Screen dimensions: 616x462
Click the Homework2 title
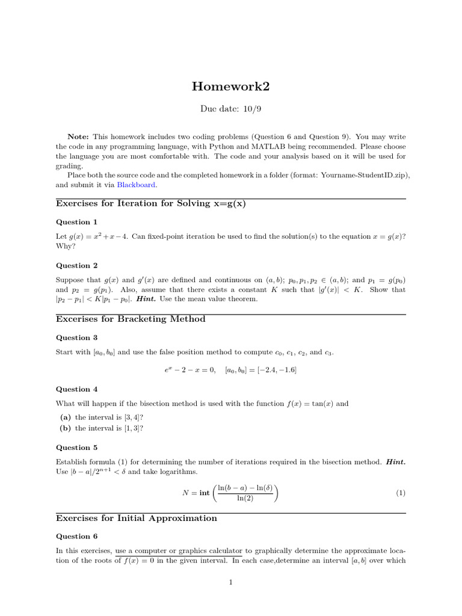coord(230,87)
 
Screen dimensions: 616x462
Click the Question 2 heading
coord(76,265)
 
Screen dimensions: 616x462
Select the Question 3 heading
coord(76,337)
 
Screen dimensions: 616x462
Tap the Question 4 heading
coord(76,389)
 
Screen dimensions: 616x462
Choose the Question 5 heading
coord(76,447)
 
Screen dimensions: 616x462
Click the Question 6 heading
coord(76,536)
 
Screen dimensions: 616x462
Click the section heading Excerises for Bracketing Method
coord(131,319)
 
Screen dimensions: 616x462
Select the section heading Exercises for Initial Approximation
coord(137,518)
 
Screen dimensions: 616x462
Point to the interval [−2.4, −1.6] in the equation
coord(260,369)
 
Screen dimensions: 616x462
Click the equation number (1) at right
coord(401,493)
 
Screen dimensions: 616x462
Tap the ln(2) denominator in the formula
coord(245,499)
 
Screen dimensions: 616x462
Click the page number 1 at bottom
coord(230,582)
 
